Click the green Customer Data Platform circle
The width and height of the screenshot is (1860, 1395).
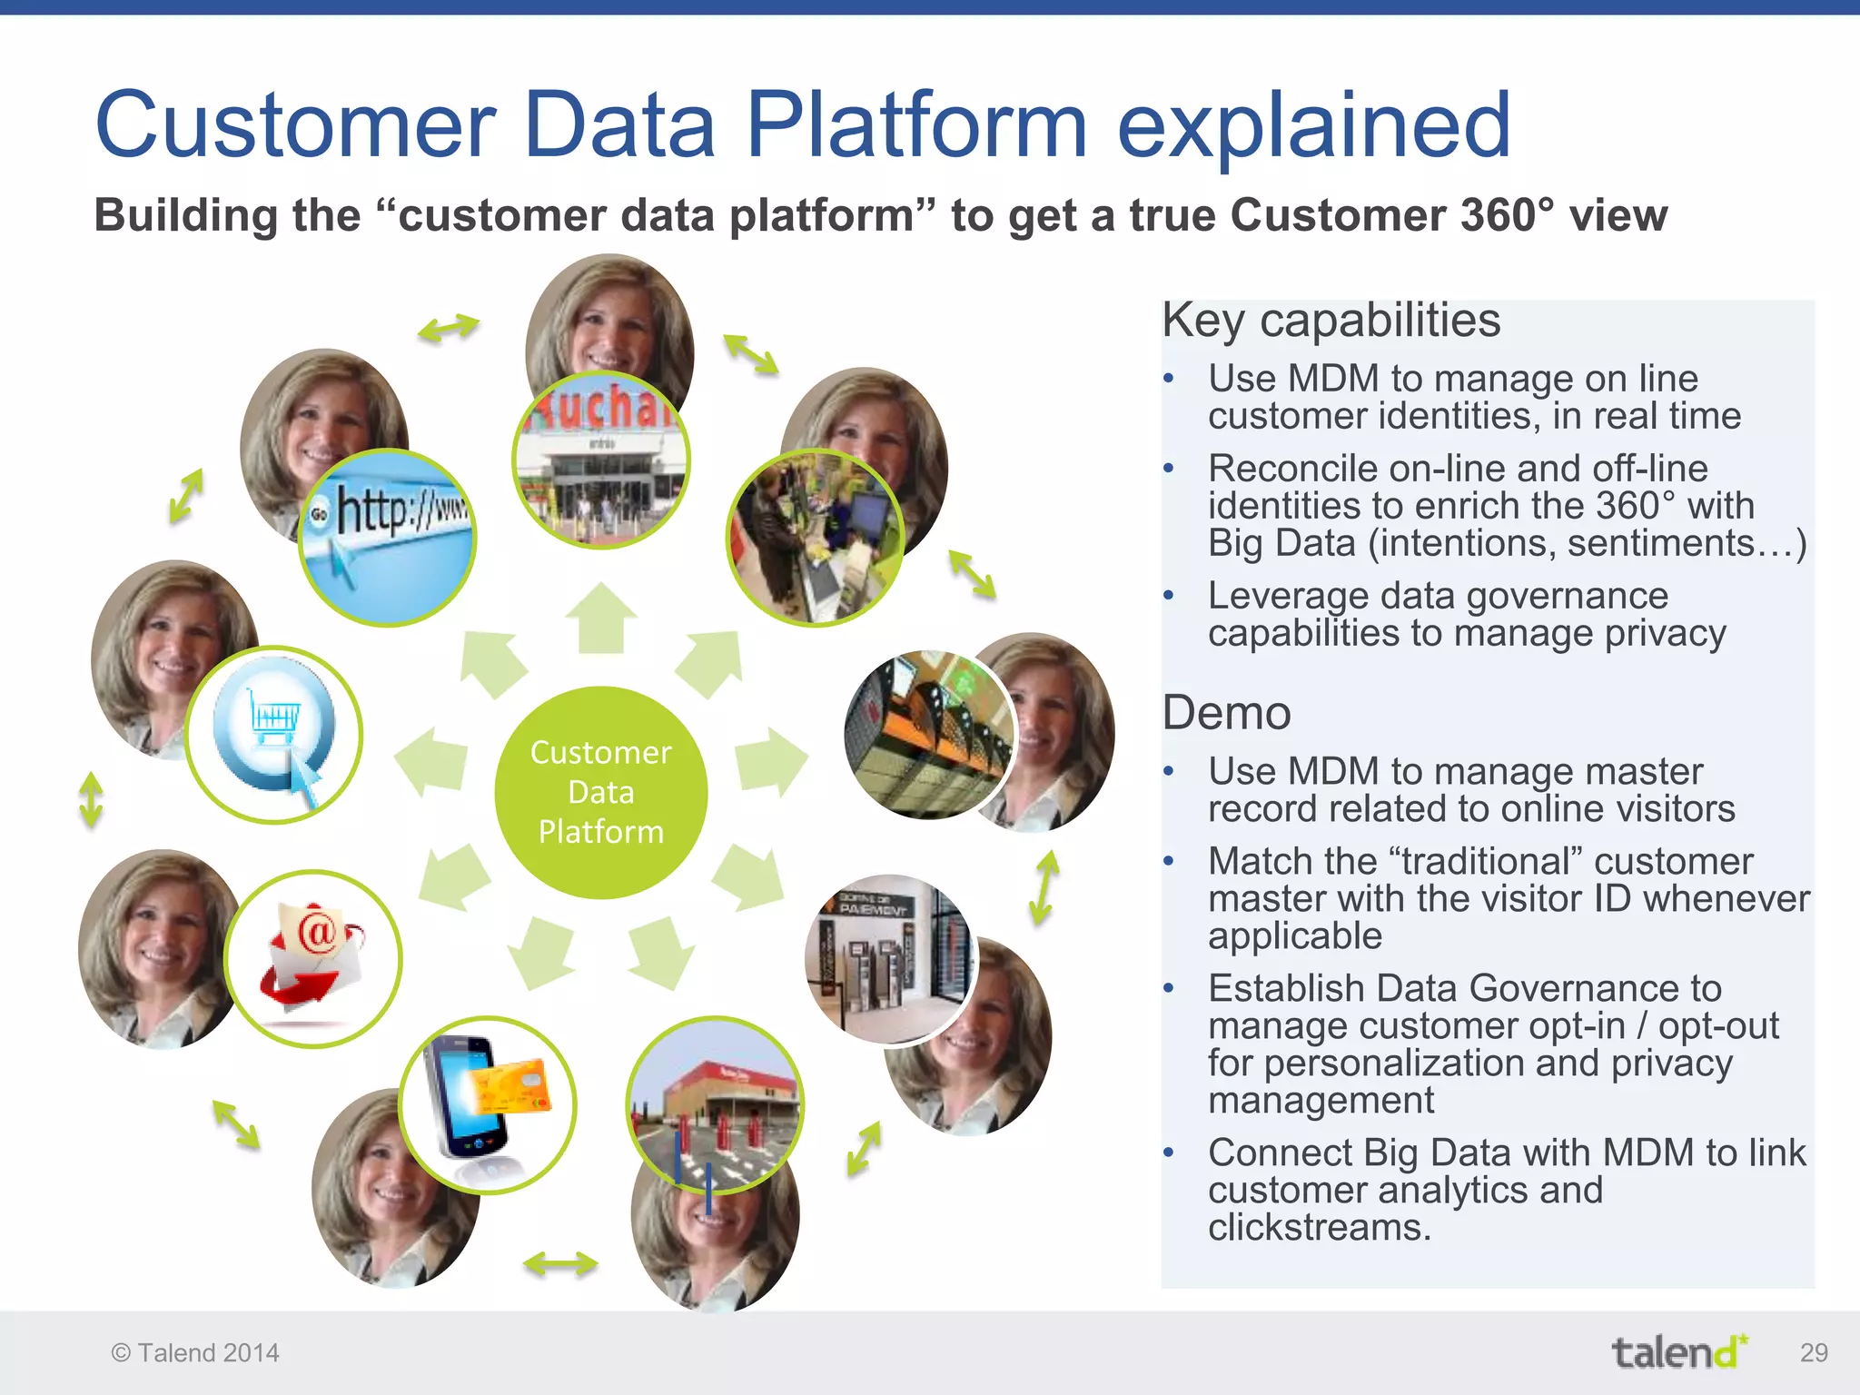coord(600,792)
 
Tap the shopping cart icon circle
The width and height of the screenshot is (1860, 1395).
coord(273,734)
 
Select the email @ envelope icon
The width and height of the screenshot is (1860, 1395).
coord(312,958)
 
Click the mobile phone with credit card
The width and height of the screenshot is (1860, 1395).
coord(488,1104)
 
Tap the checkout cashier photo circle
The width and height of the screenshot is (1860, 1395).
coord(815,538)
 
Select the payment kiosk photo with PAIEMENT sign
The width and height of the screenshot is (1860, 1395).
coord(887,959)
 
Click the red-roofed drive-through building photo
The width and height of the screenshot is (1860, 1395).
coord(715,1104)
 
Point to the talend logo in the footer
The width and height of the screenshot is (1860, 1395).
coord(1679,1352)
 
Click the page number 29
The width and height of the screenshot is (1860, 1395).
coord(1813,1352)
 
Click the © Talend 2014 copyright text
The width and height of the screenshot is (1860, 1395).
coord(195,1353)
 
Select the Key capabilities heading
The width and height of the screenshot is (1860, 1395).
coord(1331,321)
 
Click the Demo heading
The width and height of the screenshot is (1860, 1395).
coord(1226,713)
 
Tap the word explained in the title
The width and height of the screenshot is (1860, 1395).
coord(1312,127)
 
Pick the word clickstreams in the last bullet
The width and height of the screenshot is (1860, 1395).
coord(1319,1228)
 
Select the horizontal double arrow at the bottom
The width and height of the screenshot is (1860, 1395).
coord(560,1263)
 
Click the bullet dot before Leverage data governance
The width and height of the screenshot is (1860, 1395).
coord(1169,596)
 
